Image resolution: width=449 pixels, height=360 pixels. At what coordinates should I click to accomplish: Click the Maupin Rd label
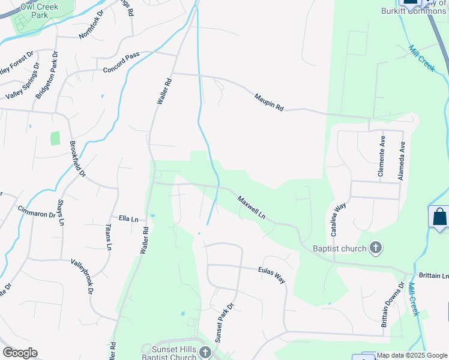(268, 101)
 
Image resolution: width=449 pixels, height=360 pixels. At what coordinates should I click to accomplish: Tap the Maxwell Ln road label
(252, 207)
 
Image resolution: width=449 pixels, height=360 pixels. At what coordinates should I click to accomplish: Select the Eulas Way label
(272, 276)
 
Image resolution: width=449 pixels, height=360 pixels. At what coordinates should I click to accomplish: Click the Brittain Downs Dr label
(392, 305)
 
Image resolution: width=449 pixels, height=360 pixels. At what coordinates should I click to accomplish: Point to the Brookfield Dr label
(77, 159)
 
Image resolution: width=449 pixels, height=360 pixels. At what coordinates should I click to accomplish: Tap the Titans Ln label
(109, 238)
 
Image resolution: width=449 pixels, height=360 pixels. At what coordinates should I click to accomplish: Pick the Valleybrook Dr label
(82, 276)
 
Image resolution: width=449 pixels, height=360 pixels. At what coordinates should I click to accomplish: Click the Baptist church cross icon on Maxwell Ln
(376, 248)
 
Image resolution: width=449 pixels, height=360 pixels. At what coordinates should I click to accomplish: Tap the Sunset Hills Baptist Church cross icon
(205, 352)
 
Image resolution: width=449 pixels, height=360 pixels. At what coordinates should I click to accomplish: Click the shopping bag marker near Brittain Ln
(439, 217)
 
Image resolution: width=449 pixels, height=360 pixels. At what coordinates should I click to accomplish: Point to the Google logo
(20, 353)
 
